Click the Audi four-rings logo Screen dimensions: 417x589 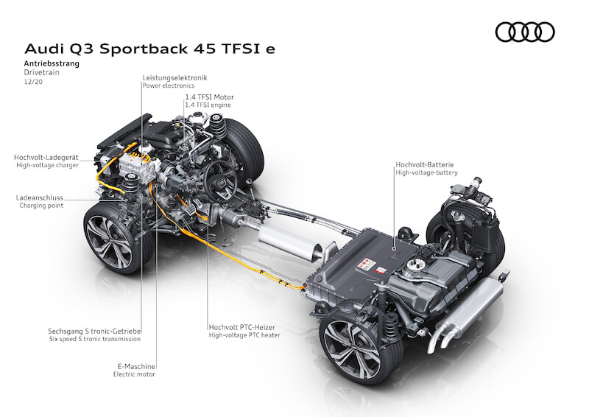point(525,32)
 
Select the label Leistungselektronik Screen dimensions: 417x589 point(174,77)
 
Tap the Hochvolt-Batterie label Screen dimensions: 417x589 point(426,164)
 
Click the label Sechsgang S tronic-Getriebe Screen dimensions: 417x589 point(94,331)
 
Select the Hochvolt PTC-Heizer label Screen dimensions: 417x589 point(244,326)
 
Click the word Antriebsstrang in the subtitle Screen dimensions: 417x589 point(52,64)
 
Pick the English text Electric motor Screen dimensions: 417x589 point(134,374)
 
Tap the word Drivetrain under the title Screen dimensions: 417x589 point(40,74)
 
